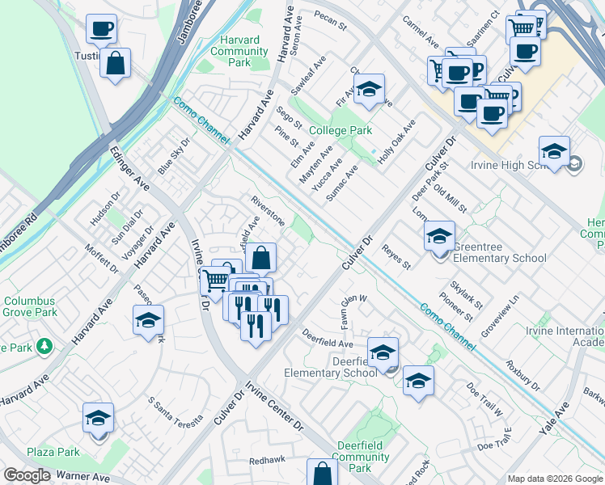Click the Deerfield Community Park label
tap(361, 462)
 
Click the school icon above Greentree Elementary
tap(439, 236)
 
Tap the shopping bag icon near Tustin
tap(116, 63)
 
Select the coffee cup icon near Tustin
tap(102, 30)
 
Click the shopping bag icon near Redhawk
tap(322, 472)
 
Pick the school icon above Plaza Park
tap(98, 417)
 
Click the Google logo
tap(27, 475)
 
